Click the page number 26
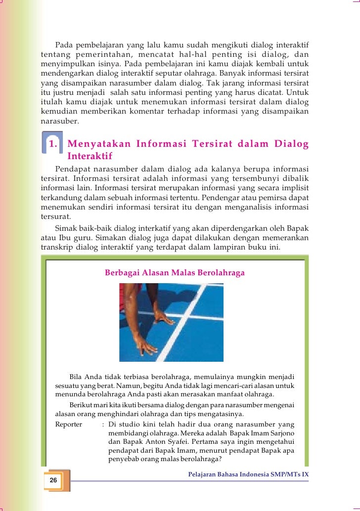coord(53,480)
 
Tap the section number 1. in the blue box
coord(54,144)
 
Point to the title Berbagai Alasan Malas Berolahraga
coord(175,272)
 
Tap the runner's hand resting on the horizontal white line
coord(164,319)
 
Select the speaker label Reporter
coord(68,425)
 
